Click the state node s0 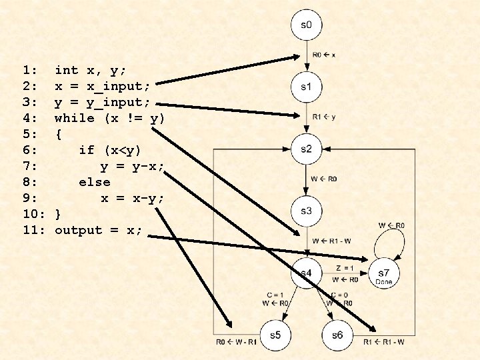tap(305, 26)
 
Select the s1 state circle tap(305, 87)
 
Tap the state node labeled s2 tap(305, 149)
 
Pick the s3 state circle tap(305, 211)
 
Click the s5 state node tap(274, 335)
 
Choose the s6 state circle tap(337, 335)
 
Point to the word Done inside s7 tap(384, 282)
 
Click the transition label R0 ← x tap(325, 54)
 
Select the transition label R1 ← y tap(325, 116)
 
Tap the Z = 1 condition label tap(345, 268)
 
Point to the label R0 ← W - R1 tap(236, 343)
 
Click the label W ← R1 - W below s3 tap(331, 240)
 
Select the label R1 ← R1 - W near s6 tap(384, 343)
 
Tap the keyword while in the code tap(75, 118)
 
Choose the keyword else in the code tap(94, 182)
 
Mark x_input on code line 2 tap(121, 86)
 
